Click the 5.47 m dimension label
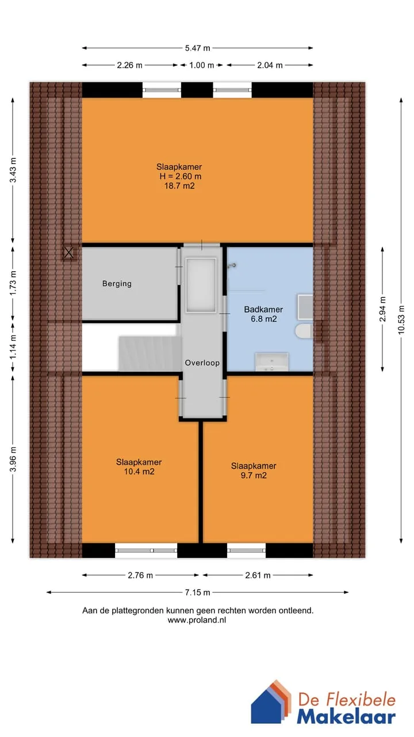click(x=197, y=48)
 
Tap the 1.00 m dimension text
click(x=201, y=65)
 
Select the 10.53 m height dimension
click(x=401, y=319)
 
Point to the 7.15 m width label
click(x=197, y=592)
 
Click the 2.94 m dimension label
click(x=382, y=309)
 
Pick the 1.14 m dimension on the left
click(x=13, y=347)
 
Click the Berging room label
click(x=117, y=284)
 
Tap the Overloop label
click(x=202, y=363)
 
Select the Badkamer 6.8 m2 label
click(x=263, y=314)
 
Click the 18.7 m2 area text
click(x=179, y=186)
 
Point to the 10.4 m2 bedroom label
click(x=139, y=466)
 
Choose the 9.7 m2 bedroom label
click(x=254, y=470)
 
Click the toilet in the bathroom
click(x=304, y=331)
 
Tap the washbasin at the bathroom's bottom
click(x=272, y=362)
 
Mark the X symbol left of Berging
click(x=68, y=253)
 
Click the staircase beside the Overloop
click(x=149, y=353)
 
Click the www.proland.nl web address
click(x=197, y=620)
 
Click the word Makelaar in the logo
click(x=346, y=717)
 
